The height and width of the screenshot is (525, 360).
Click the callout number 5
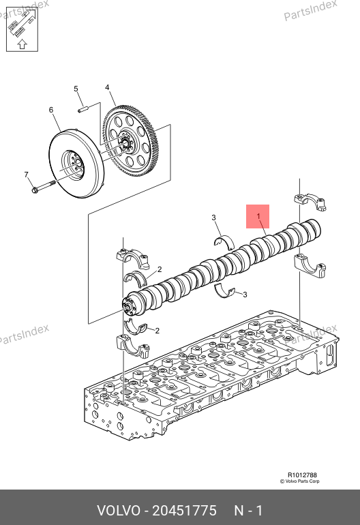76,89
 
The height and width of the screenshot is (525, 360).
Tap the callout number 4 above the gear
107,87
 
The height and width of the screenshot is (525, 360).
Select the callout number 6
51,110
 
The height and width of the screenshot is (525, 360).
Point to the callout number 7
26,175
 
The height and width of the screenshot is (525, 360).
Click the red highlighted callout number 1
258,216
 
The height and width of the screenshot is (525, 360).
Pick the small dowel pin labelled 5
82,109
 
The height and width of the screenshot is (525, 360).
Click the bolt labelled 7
44,187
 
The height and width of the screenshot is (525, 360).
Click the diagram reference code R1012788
302,475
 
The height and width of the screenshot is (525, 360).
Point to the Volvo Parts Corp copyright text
300,481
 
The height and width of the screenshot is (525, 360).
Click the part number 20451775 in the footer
185,511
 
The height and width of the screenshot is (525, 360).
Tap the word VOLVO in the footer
119,511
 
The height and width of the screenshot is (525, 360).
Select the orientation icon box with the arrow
22,29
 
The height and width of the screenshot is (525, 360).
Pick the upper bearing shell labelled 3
224,242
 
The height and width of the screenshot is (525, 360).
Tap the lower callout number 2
157,331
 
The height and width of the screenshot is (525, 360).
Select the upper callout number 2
160,269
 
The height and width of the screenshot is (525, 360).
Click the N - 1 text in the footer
248,511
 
